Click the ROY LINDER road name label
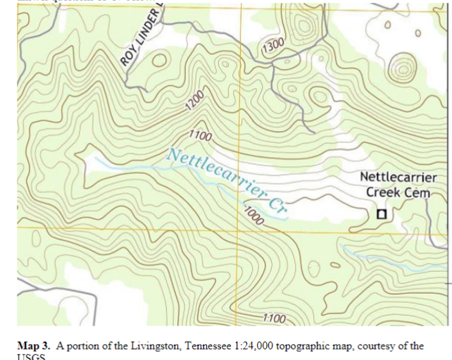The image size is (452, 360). [141, 36]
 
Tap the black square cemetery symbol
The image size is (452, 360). [382, 213]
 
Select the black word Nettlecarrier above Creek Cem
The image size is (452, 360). [398, 178]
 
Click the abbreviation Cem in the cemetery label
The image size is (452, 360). [417, 192]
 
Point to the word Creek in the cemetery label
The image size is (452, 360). [383, 192]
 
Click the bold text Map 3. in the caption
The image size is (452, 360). [33, 346]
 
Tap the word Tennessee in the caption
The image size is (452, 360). [185, 346]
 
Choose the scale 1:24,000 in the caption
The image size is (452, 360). [233, 346]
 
